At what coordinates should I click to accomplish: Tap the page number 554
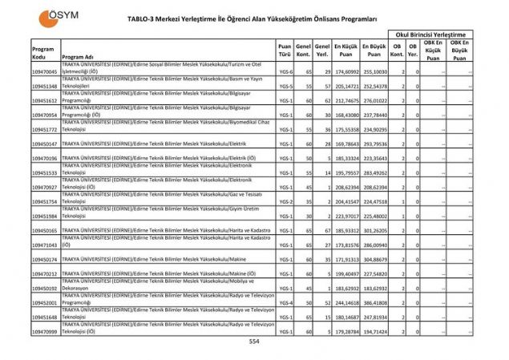[254, 341]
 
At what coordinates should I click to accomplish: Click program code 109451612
[45, 101]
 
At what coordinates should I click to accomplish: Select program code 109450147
[45, 144]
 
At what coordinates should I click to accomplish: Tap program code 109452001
[45, 303]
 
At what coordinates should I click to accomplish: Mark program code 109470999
[45, 332]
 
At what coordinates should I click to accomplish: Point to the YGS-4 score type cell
[285, 303]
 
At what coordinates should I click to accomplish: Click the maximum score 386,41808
[374, 303]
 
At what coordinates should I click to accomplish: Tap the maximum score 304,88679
[374, 260]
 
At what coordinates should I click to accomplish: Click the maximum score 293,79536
[374, 144]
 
